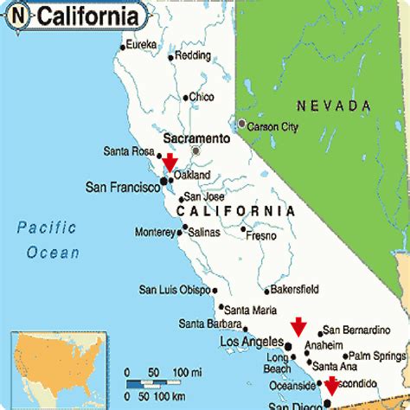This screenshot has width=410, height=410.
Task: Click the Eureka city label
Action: [x=142, y=44]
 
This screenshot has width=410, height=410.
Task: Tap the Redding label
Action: [x=192, y=55]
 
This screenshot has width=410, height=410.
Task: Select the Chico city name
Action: [x=201, y=97]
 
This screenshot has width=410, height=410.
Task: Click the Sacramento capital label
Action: [x=197, y=138]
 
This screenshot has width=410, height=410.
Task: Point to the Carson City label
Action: [x=272, y=126]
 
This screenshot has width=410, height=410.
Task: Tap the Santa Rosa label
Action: [x=128, y=151]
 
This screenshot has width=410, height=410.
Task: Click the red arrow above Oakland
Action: [x=170, y=162]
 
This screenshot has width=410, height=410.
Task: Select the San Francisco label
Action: [x=121, y=186]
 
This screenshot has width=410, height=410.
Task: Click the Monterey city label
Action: [x=156, y=232]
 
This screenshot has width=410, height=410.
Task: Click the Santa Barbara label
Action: [x=211, y=324]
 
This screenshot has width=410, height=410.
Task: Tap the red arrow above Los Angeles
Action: [x=298, y=326]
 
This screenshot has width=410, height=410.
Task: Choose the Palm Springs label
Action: [x=377, y=356]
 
